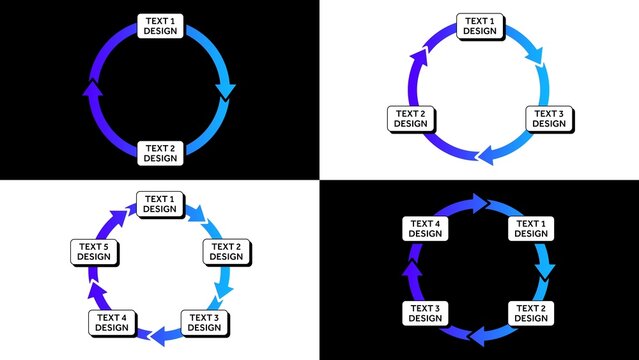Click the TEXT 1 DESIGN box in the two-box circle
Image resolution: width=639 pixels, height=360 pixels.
pyautogui.click(x=159, y=25)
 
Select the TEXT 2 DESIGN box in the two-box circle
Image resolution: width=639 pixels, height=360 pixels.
pyautogui.click(x=159, y=153)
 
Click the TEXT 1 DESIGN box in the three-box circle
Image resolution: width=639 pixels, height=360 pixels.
pyautogui.click(x=479, y=26)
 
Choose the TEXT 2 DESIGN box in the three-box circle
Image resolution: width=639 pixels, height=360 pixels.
pyautogui.click(x=409, y=119)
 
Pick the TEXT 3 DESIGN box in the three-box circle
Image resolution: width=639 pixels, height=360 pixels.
pyautogui.click(x=548, y=119)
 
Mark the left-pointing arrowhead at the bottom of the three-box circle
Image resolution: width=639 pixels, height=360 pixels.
pyautogui.click(x=487, y=156)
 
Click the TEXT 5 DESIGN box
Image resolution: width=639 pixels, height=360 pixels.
pyautogui.click(x=94, y=251)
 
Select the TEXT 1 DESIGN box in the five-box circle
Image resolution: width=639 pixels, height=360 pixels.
pyautogui.click(x=158, y=204)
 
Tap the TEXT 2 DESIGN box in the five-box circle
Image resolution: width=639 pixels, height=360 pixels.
pyautogui.click(x=225, y=251)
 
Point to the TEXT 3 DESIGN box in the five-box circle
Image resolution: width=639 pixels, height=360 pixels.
pyautogui.click(x=203, y=322)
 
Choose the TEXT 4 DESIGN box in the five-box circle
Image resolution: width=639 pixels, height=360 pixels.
pyautogui.click(x=112, y=322)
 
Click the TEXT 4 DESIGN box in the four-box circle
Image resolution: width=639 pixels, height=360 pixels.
pyautogui.click(x=424, y=228)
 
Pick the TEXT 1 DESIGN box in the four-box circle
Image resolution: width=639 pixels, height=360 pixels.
pyautogui.click(x=531, y=228)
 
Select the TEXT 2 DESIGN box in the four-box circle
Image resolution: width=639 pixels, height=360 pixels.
pyautogui.click(x=531, y=312)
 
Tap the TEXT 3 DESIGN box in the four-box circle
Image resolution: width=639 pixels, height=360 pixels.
pyautogui.click(x=424, y=312)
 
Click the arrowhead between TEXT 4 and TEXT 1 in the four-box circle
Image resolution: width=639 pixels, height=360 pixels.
pyautogui.click(x=482, y=204)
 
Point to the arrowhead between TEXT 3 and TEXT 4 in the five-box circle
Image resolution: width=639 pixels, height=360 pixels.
pyautogui.click(x=155, y=337)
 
